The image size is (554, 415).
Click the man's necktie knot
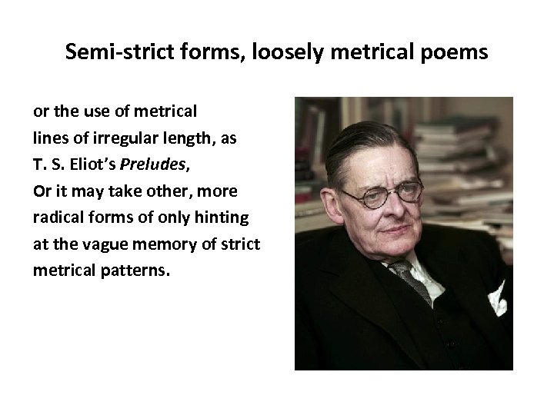pos(402,269)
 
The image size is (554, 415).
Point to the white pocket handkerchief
pos(496,297)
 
